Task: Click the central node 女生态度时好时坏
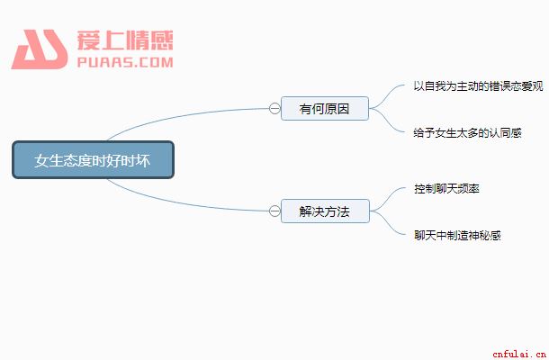(93, 159)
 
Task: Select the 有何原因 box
(325, 109)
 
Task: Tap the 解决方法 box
(325, 211)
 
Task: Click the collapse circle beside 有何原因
(274, 109)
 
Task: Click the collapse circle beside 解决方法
(274, 211)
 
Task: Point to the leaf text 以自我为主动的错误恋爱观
(478, 85)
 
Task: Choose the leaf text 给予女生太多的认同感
(467, 132)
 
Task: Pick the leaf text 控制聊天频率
(446, 188)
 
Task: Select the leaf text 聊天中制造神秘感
(457, 235)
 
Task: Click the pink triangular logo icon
(40, 49)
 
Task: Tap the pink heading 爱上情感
(125, 40)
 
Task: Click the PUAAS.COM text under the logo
(125, 62)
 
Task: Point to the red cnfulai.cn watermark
(519, 354)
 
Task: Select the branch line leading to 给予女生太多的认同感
(387, 121)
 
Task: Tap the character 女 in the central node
(40, 160)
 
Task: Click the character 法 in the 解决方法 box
(344, 211)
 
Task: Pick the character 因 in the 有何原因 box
(343, 109)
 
